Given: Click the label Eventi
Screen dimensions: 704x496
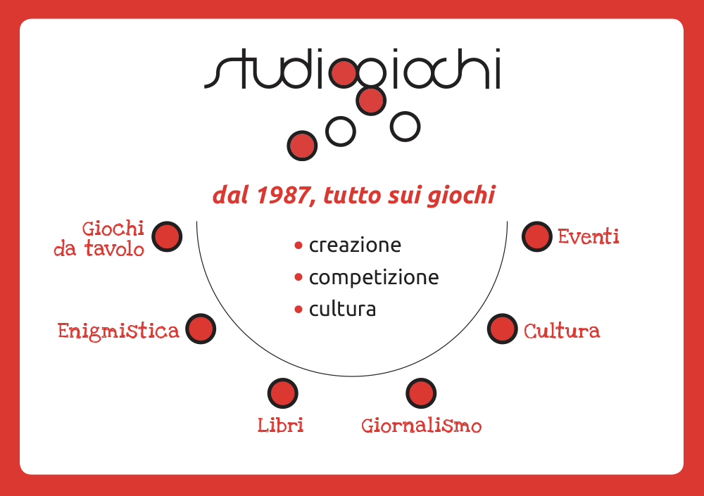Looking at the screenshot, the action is [x=588, y=236].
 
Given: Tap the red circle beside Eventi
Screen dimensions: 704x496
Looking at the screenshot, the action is [x=537, y=236].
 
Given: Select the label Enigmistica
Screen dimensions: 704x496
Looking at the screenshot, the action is [x=118, y=331].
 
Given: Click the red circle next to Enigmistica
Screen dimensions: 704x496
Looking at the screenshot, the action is [x=201, y=329].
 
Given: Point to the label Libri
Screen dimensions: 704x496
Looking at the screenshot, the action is [x=281, y=425].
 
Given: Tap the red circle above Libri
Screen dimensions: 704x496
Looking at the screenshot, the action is [x=283, y=393].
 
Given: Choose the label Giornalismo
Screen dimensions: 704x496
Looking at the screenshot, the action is [x=422, y=426].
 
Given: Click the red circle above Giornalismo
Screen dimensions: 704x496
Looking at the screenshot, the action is [x=421, y=393].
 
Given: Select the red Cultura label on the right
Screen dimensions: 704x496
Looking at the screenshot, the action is [x=562, y=331].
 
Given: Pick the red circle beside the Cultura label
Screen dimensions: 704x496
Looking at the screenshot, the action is [x=503, y=329].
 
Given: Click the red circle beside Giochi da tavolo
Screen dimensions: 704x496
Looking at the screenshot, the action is [x=167, y=236].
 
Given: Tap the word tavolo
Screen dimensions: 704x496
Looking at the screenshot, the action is [x=115, y=248].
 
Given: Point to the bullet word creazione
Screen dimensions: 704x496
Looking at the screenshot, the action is [x=355, y=245].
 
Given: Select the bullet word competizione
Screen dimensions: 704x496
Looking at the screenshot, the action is [x=374, y=277].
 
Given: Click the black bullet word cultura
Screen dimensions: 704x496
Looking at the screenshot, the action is [x=343, y=310].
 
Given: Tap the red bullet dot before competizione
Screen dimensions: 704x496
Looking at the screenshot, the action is [x=298, y=277].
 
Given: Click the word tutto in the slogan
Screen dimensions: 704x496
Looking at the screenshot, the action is [x=352, y=196].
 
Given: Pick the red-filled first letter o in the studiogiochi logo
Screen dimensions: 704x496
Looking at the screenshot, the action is [x=344, y=73].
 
